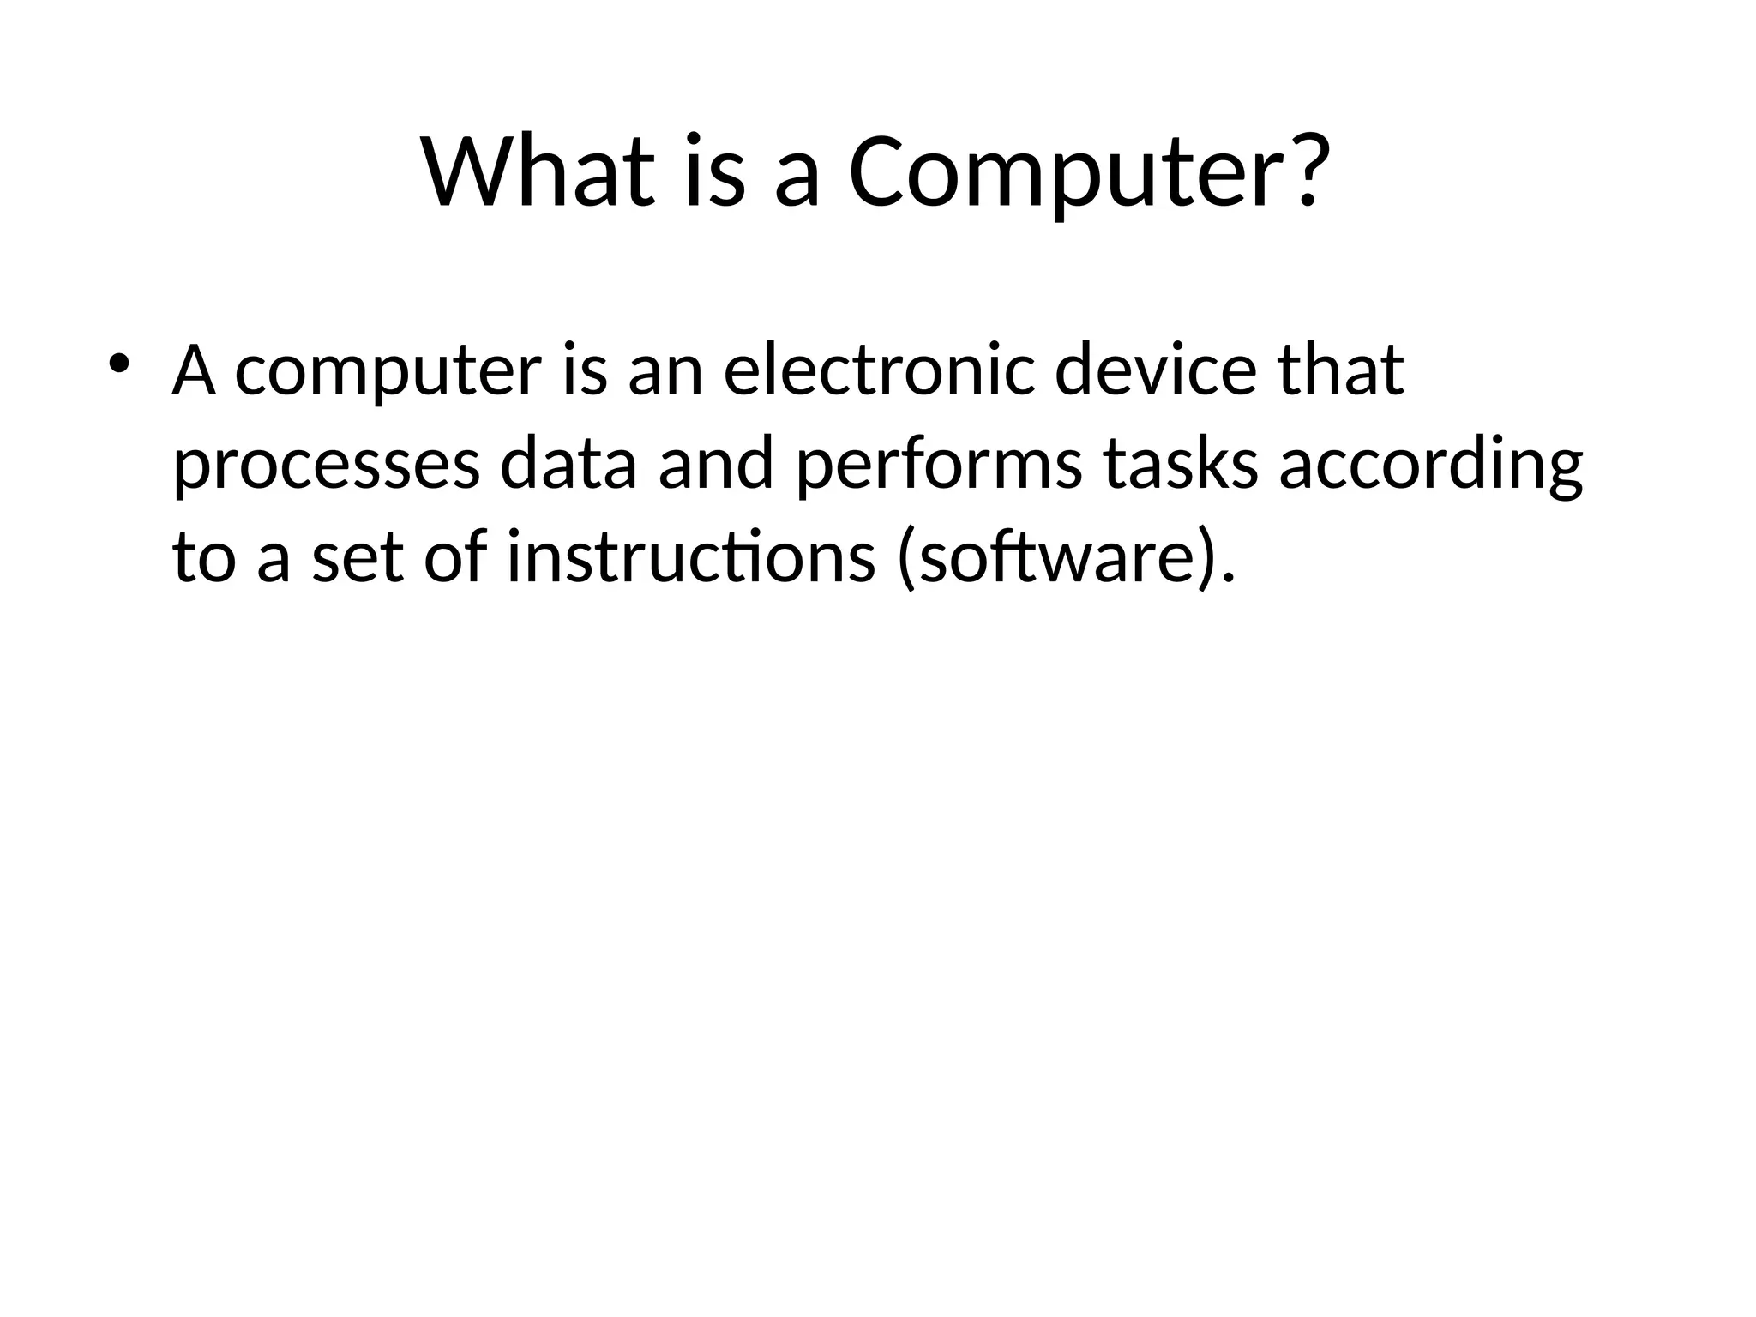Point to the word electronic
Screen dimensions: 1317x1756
pyautogui.click(x=879, y=370)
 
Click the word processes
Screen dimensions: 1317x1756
pyautogui.click(x=326, y=467)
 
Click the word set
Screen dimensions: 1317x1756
pyautogui.click(x=358, y=559)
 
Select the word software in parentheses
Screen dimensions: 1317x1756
pyautogui.click(x=1054, y=559)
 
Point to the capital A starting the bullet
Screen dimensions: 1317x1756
pyautogui.click(x=193, y=370)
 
